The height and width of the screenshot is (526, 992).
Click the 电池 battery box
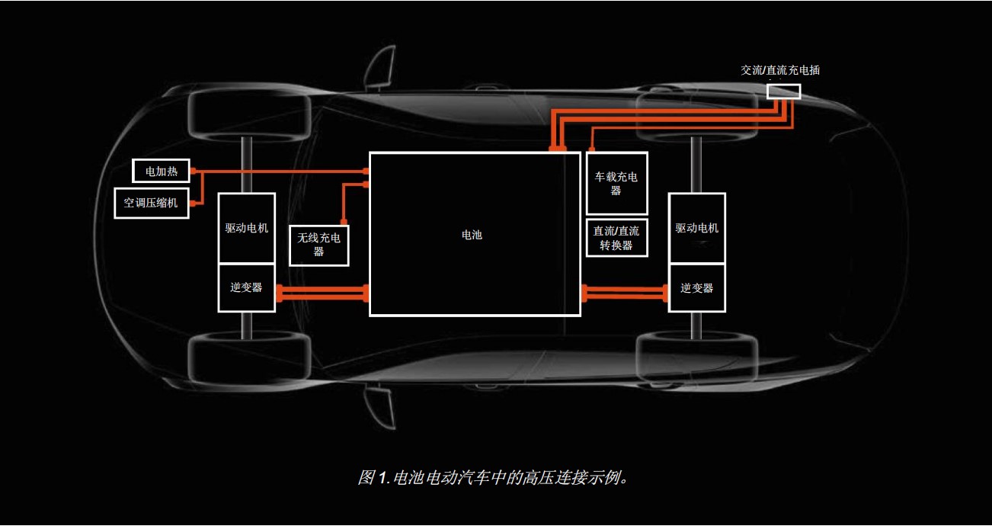point(474,234)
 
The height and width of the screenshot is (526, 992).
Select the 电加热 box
point(162,172)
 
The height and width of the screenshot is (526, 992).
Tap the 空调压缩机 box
point(151,203)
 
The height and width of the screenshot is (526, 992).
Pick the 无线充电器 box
point(319,245)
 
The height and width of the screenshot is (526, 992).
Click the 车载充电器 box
point(616,184)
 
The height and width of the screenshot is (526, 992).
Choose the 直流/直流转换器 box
point(616,238)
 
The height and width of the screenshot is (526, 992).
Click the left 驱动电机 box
point(246,228)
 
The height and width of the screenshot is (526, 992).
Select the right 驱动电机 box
point(696,228)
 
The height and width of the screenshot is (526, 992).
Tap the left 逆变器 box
point(246,287)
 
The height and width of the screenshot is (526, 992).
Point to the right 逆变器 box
point(696,288)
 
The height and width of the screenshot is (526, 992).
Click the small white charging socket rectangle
point(783,91)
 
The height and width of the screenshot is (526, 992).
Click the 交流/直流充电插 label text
point(780,70)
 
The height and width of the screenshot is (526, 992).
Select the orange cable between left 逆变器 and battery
point(322,292)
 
